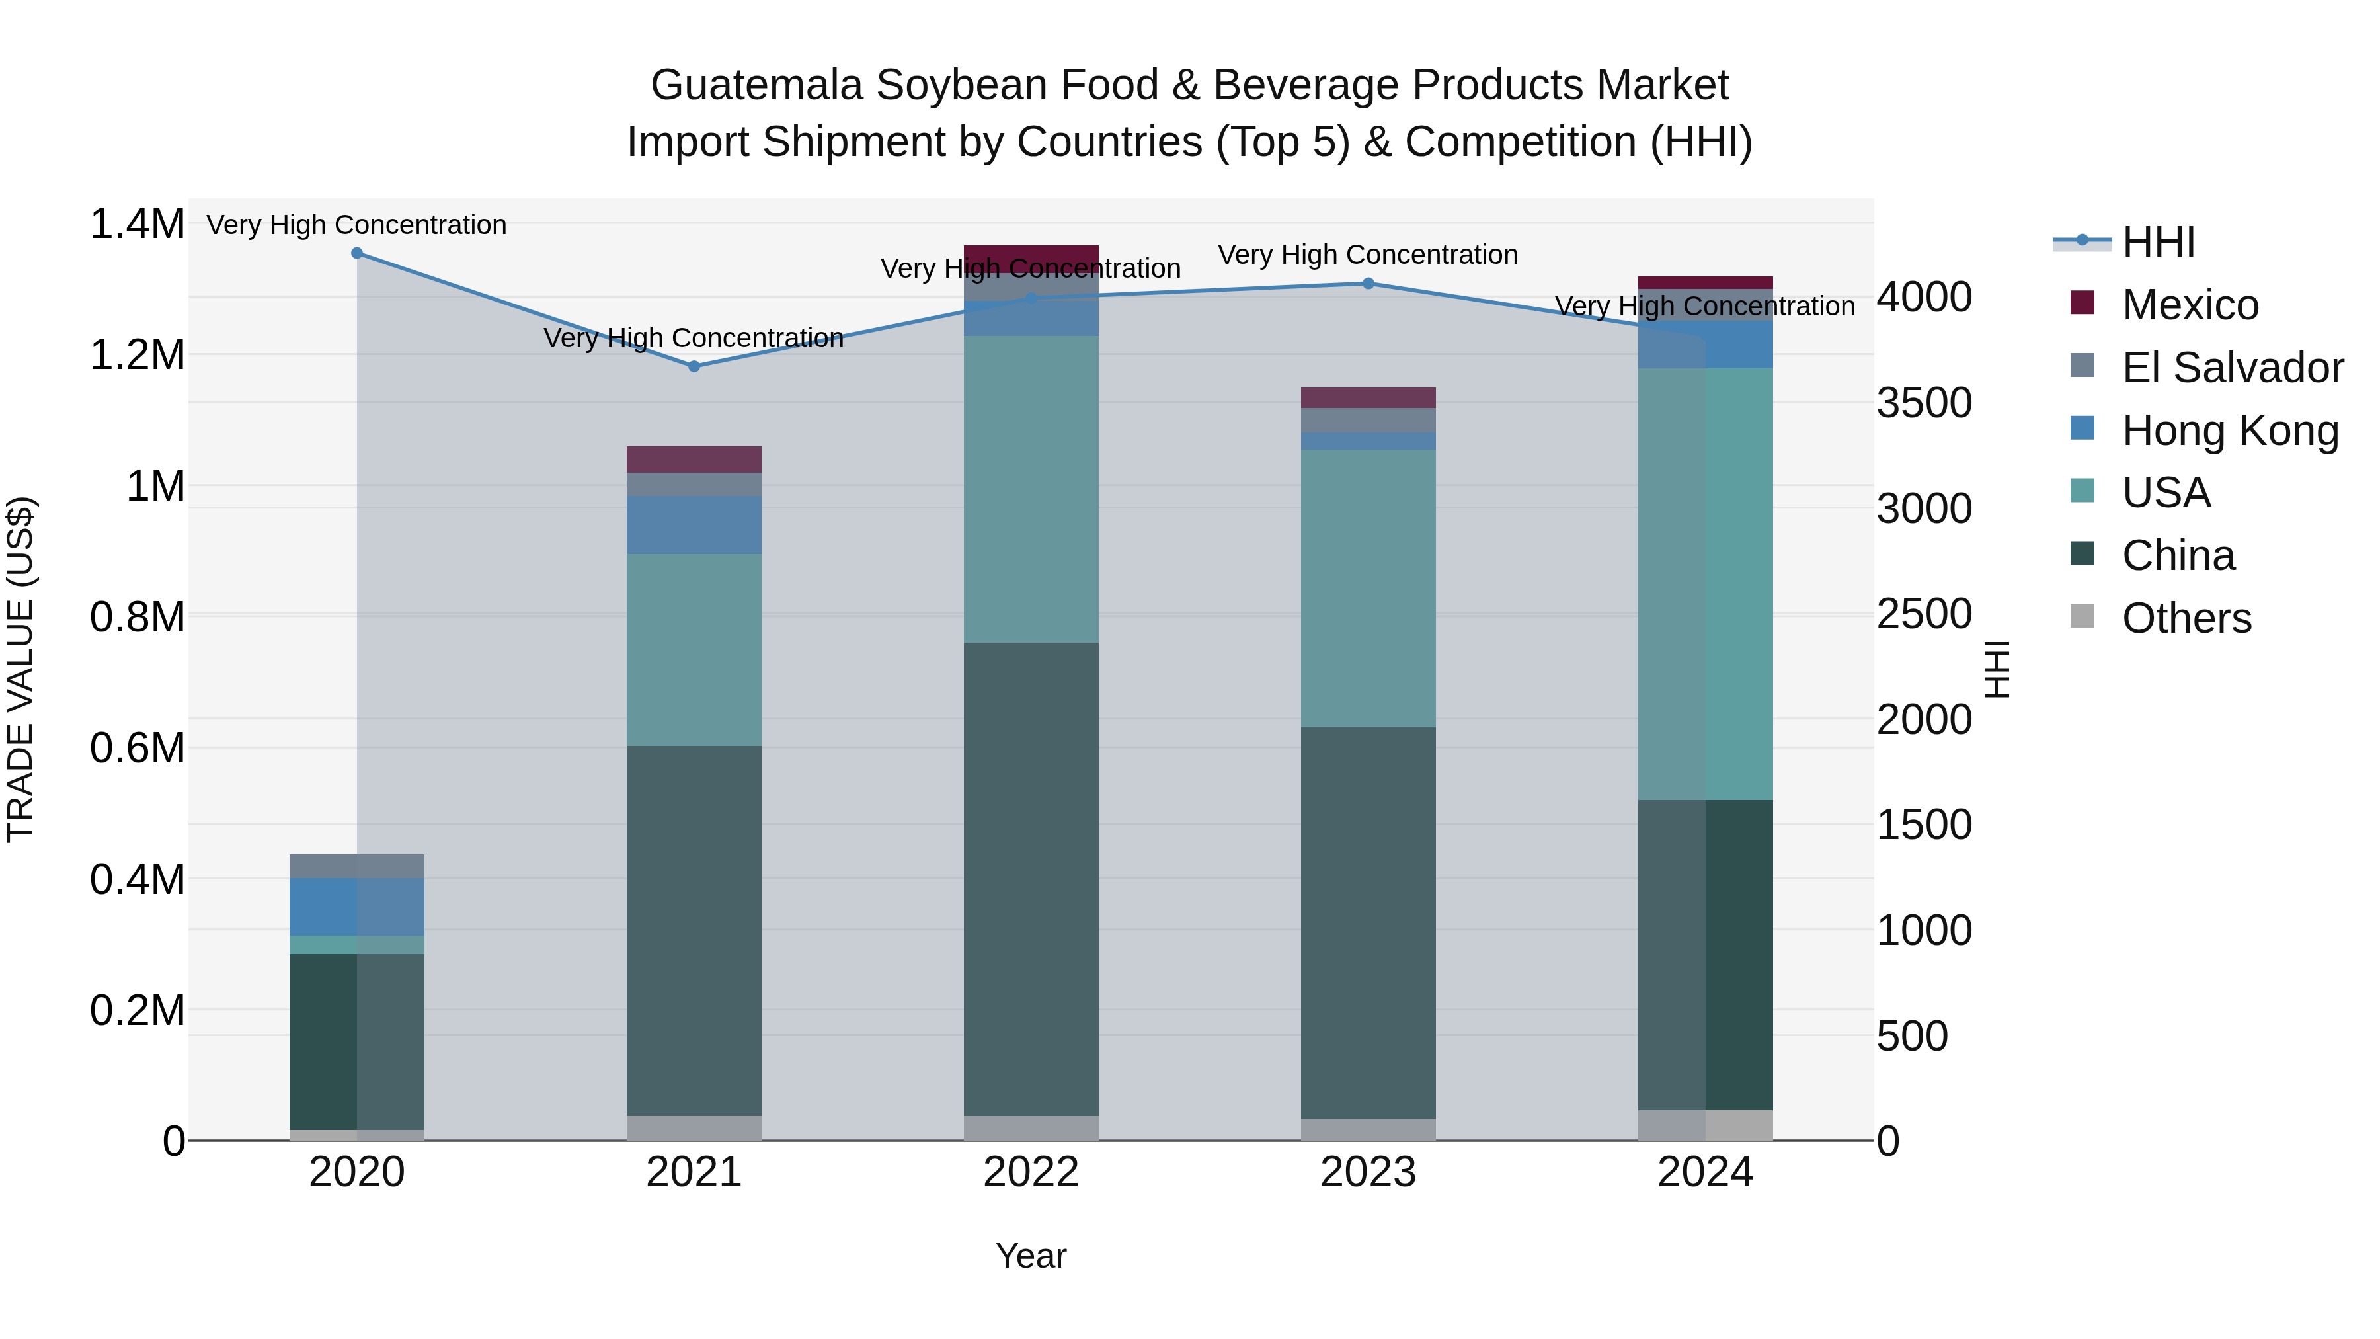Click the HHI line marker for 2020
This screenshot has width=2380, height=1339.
356,253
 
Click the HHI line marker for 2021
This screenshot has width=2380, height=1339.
694,366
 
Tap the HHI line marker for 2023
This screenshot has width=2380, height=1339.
1368,284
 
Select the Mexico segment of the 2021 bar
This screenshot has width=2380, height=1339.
694,460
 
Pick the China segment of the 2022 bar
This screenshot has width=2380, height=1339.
1031,878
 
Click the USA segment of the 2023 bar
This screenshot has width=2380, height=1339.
1368,588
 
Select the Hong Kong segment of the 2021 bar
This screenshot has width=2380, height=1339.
694,525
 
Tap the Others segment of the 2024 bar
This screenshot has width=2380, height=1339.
1706,1125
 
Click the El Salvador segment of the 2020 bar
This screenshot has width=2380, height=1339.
356,866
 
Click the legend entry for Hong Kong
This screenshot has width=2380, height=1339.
2229,430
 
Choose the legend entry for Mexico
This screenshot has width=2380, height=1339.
2190,305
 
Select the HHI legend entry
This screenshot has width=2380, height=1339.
2159,242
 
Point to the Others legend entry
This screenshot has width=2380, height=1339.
2186,618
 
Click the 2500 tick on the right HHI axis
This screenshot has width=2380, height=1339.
1924,614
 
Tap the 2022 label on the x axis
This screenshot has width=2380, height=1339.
1031,1172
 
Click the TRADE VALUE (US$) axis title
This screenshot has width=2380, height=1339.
20,669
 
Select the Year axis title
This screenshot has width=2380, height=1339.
1031,1256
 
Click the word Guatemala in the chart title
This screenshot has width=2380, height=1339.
756,85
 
